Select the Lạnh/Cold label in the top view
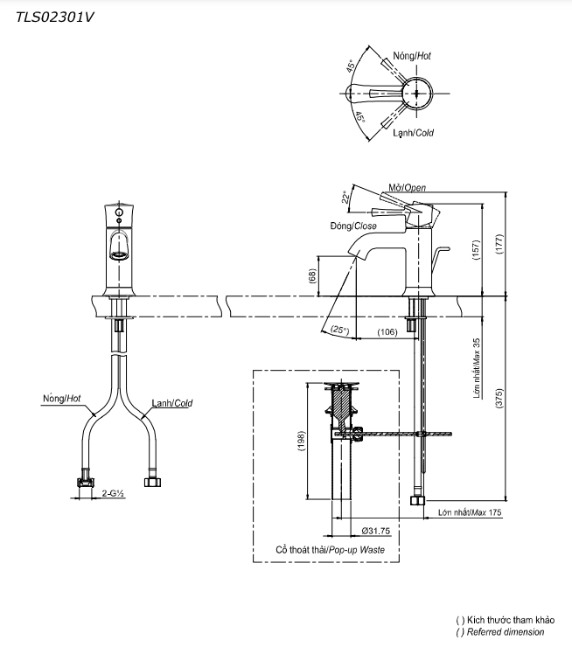412,133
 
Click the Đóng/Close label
353,226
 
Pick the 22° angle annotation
345,198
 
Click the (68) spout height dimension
312,275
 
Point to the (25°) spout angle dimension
340,330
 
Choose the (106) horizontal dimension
388,331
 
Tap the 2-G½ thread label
112,494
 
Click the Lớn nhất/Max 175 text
470,514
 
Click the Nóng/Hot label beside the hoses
61,398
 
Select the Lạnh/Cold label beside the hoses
171,403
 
